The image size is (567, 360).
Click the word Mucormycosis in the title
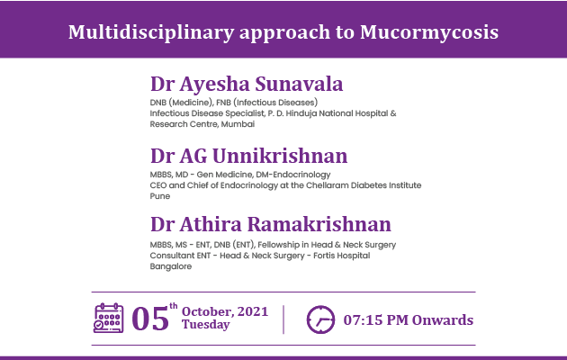[429, 33]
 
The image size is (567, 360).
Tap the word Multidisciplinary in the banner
[151, 33]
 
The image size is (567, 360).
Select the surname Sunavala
[299, 84]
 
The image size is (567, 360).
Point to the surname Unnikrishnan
[280, 156]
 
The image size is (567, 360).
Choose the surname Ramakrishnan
[319, 224]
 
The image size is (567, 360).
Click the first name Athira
[211, 224]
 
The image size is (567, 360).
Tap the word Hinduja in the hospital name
[301, 113]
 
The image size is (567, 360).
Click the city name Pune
[160, 196]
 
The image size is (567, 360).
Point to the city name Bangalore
[171, 266]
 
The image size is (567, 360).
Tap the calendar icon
[109, 318]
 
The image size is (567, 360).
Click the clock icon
[320, 319]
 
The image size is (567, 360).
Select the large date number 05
[150, 319]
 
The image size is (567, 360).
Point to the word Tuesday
[206, 325]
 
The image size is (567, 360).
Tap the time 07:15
[363, 320]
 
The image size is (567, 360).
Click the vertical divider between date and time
[283, 319]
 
